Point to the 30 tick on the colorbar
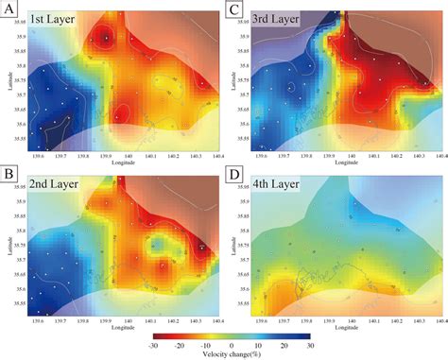(x=311, y=345)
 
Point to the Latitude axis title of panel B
(x=11, y=248)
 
